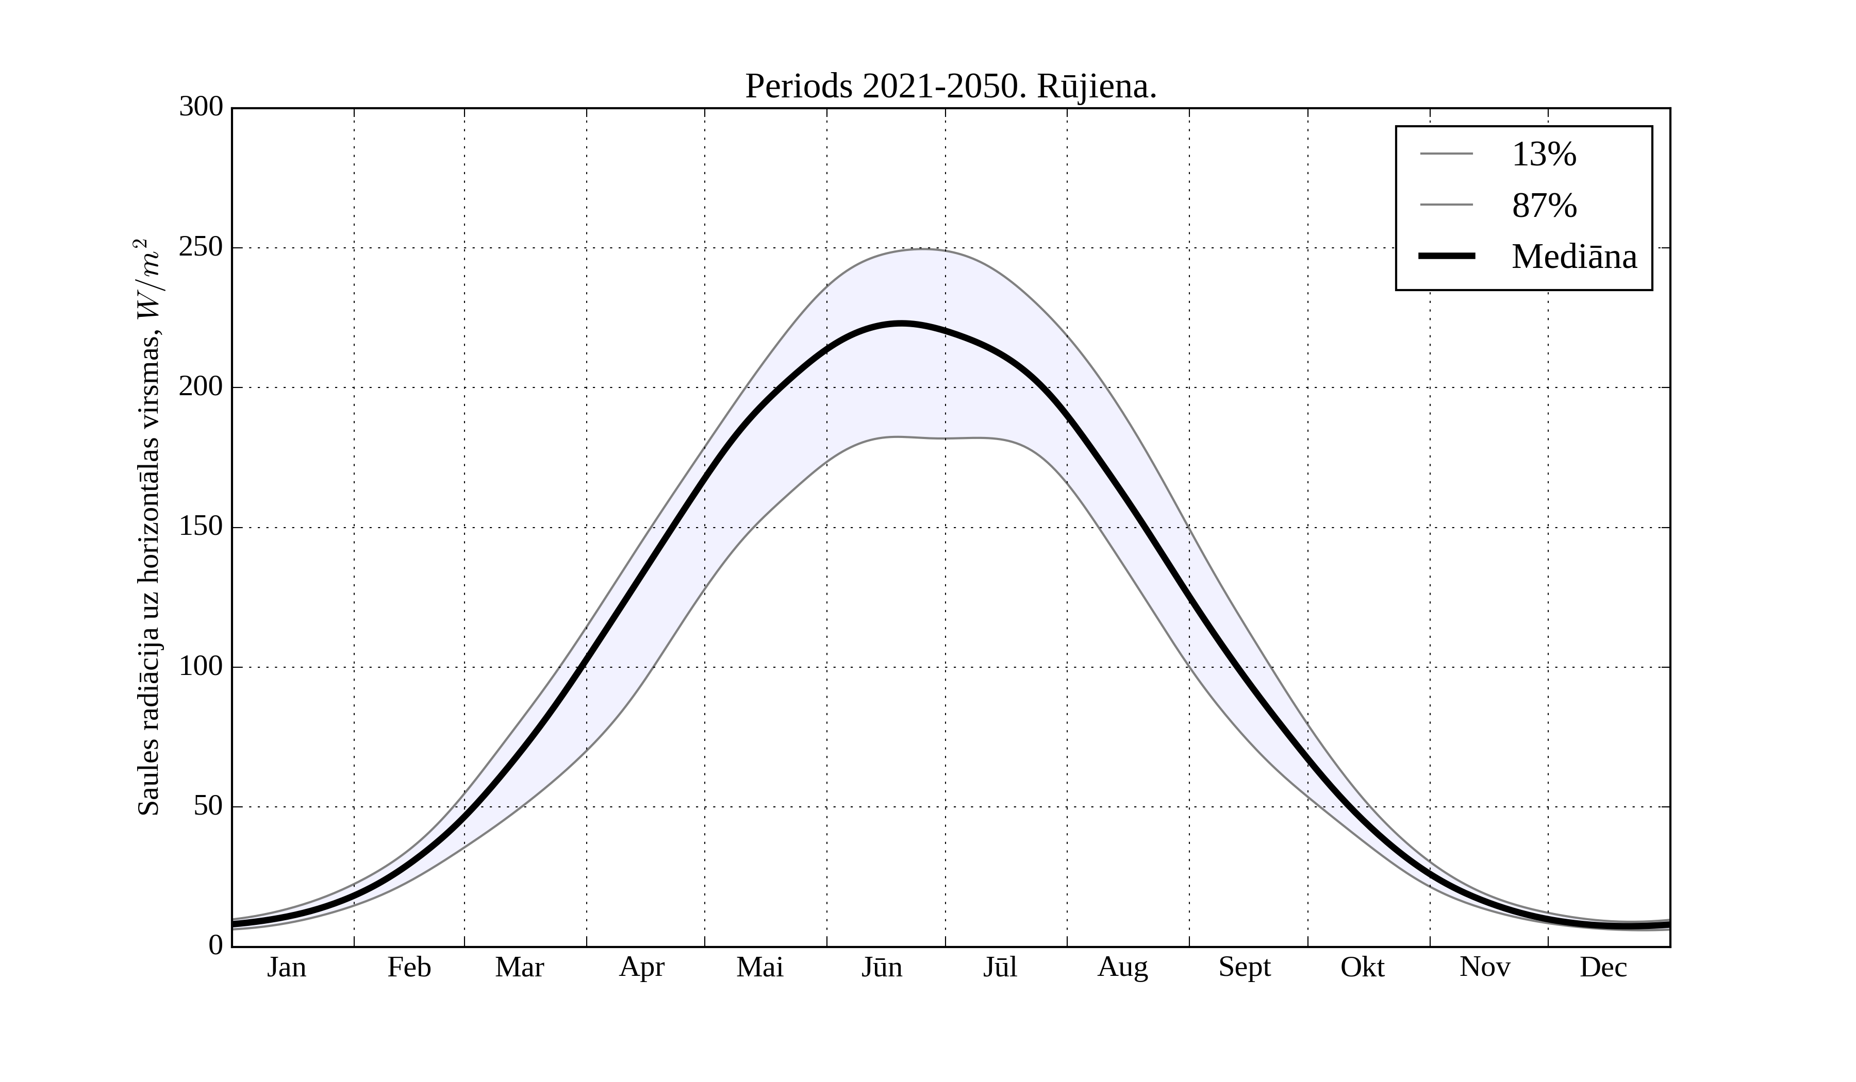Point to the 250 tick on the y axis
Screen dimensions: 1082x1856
pos(201,247)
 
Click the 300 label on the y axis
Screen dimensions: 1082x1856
pos(201,108)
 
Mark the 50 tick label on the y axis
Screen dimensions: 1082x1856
pos(208,807)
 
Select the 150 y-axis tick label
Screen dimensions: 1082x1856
pos(201,527)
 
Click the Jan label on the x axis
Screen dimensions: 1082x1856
pos(287,967)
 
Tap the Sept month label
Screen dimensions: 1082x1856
pos(1245,967)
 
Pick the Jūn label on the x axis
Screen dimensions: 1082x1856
pos(882,967)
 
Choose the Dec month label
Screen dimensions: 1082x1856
pos(1603,967)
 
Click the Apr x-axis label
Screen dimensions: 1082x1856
pos(641,967)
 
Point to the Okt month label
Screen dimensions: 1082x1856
pos(1363,967)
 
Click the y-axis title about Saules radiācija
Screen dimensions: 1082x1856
pos(150,527)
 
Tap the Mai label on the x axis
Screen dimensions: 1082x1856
pos(760,967)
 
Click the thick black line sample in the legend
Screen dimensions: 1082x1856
pos(1447,256)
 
